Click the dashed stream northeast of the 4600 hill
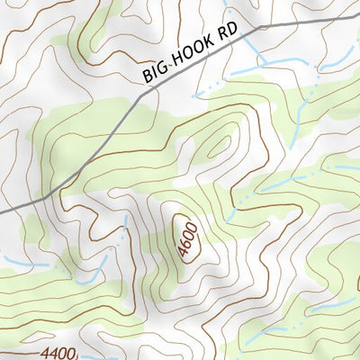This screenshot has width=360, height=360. click(270, 184)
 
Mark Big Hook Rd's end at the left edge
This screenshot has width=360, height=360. click(2, 211)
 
